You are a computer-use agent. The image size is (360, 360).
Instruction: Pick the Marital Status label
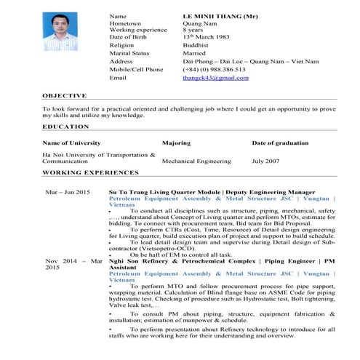click(x=129, y=53)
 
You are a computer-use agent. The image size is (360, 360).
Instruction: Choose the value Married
click(x=194, y=53)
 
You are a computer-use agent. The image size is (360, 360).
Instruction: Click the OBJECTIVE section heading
click(x=64, y=95)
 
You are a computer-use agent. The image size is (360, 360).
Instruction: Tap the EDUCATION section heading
click(x=65, y=127)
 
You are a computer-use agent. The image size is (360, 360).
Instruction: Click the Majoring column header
click(x=176, y=143)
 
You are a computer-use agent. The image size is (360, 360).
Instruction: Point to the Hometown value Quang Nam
click(x=198, y=23)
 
